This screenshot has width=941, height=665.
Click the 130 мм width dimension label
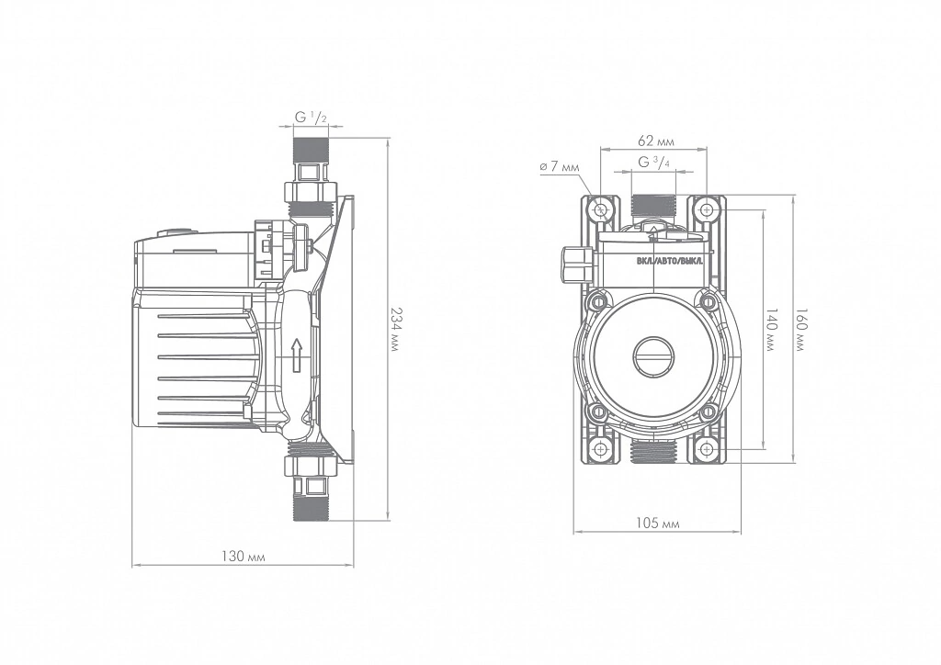pyautogui.click(x=243, y=557)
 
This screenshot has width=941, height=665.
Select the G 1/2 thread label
pyautogui.click(x=311, y=118)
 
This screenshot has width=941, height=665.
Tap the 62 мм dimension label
pyautogui.click(x=656, y=141)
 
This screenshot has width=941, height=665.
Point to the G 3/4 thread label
pyautogui.click(x=654, y=162)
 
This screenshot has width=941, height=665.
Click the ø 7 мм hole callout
pyautogui.click(x=560, y=167)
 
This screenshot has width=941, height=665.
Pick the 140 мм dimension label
pyautogui.click(x=772, y=329)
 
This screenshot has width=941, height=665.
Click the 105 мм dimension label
pyautogui.click(x=657, y=524)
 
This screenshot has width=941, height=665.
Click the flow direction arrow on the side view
pyautogui.click(x=295, y=355)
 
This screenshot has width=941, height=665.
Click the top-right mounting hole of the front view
pyautogui.click(x=707, y=209)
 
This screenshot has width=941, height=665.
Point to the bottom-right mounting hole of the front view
pyautogui.click(x=707, y=448)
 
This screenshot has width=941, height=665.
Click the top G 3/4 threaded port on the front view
pyautogui.click(x=654, y=206)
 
